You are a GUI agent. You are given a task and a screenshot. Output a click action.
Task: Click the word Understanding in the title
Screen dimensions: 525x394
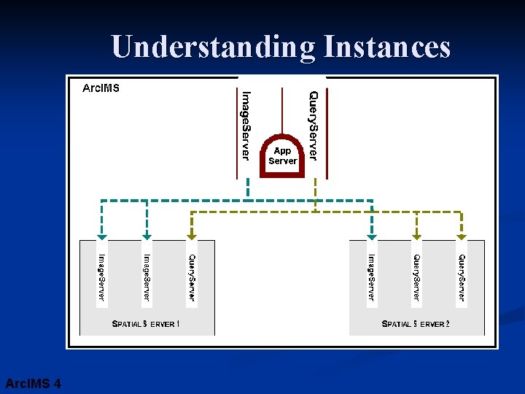(214, 47)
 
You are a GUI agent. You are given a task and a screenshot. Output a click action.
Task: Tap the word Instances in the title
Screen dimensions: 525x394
(386, 47)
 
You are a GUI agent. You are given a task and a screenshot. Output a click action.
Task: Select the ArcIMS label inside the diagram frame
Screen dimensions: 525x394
(101, 88)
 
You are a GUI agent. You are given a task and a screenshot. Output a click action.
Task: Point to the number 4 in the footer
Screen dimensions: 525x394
(57, 384)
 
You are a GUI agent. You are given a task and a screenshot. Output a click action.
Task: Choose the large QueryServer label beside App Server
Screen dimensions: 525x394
(313, 125)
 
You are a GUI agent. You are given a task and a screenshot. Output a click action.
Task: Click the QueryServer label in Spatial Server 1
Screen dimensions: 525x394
(192, 277)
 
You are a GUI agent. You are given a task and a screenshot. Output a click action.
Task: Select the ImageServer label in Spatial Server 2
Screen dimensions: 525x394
(371, 277)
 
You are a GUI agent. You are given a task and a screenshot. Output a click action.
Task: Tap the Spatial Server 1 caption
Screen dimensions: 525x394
(146, 323)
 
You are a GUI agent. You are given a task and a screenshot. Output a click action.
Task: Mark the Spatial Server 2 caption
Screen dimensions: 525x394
(416, 323)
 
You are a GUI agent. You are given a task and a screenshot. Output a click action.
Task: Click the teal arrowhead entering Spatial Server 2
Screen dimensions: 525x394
(372, 236)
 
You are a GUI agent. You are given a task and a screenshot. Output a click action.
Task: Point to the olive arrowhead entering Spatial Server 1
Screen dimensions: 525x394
(192, 236)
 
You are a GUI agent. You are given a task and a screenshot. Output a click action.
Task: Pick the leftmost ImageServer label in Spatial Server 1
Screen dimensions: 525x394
(102, 277)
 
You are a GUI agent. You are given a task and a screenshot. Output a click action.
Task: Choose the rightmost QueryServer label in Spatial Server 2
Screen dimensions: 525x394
(461, 277)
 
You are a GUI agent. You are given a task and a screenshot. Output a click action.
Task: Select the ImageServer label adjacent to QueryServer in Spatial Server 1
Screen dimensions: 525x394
(147, 277)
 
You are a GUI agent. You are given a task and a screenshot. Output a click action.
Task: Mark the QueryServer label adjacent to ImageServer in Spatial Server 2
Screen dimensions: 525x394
(416, 277)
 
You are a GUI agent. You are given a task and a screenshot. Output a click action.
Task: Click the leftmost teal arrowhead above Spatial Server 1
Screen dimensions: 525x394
(102, 236)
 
